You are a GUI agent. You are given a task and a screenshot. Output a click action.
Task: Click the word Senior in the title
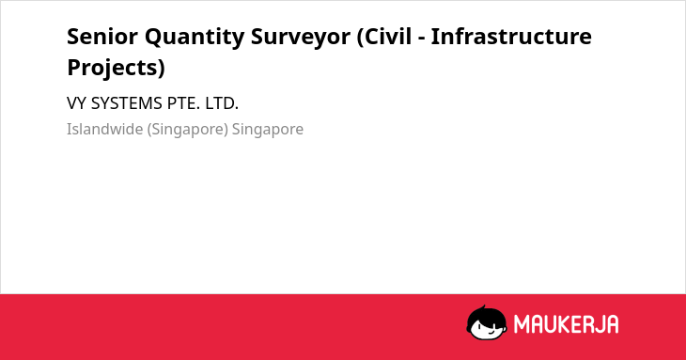[x=102, y=37]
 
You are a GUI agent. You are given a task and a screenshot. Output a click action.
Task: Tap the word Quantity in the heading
[x=195, y=38]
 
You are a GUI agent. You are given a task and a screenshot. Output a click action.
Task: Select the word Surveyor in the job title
[x=301, y=38]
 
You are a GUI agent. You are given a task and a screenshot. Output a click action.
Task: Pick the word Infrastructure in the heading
[x=511, y=37]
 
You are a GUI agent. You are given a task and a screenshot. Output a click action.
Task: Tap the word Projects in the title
[x=113, y=69]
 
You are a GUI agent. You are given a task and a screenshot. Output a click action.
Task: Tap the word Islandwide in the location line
[x=104, y=130]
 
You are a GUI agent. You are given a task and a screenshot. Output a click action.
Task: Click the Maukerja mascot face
[x=487, y=322]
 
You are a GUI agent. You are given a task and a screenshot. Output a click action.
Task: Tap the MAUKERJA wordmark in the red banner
[x=566, y=324]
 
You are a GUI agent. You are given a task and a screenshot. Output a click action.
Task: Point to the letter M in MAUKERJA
[x=522, y=324]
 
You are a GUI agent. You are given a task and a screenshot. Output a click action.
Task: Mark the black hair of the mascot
[x=485, y=313]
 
